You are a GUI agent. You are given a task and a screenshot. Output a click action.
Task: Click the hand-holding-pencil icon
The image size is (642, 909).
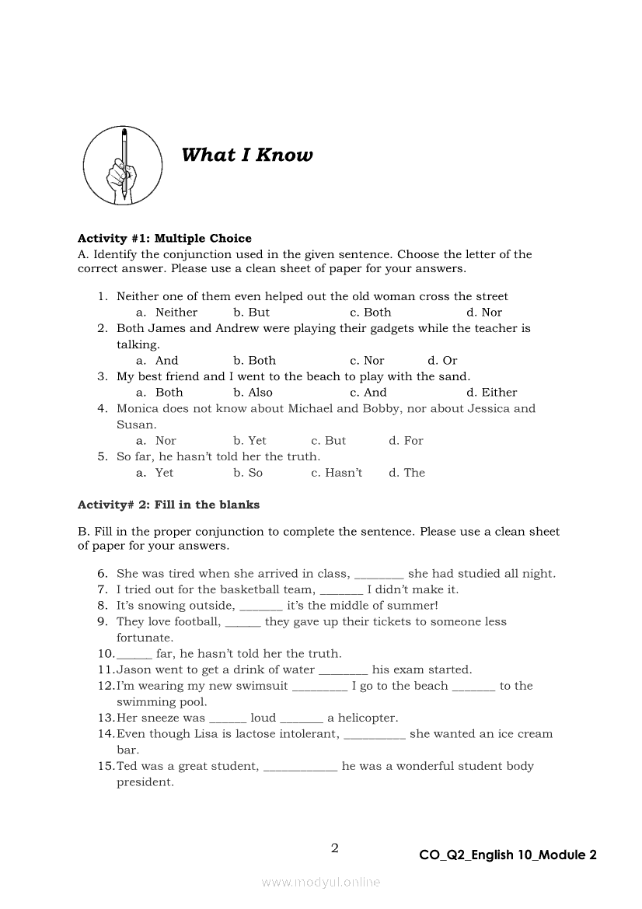point(123,165)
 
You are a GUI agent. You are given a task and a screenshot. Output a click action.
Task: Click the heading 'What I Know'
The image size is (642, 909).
point(246,155)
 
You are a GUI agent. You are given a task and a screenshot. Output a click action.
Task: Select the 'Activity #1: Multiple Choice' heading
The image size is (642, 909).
point(165,238)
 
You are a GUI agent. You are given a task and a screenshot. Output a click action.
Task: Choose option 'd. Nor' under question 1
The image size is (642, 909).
point(484,313)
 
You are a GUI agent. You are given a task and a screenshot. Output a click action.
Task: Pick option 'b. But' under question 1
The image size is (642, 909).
point(251,313)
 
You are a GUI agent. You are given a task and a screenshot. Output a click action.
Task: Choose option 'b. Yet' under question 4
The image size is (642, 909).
point(249,441)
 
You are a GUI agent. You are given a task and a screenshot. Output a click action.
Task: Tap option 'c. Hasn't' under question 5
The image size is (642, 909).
point(337,473)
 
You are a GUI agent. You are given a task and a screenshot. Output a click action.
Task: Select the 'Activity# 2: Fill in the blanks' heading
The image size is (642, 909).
point(169,505)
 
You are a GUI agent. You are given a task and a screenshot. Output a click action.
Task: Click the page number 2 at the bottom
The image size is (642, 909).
point(335,848)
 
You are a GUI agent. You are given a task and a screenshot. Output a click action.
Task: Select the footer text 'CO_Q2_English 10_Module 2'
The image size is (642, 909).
point(508,855)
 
